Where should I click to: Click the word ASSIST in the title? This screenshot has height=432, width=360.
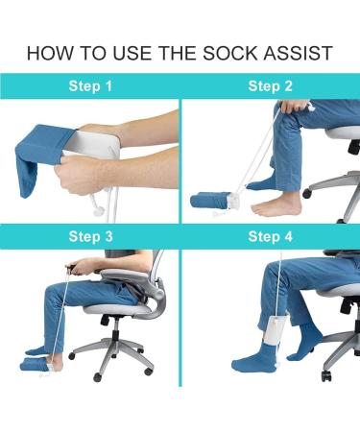(299, 51)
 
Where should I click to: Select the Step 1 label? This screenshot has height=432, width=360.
(90, 86)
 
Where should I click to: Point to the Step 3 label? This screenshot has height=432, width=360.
(90, 236)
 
